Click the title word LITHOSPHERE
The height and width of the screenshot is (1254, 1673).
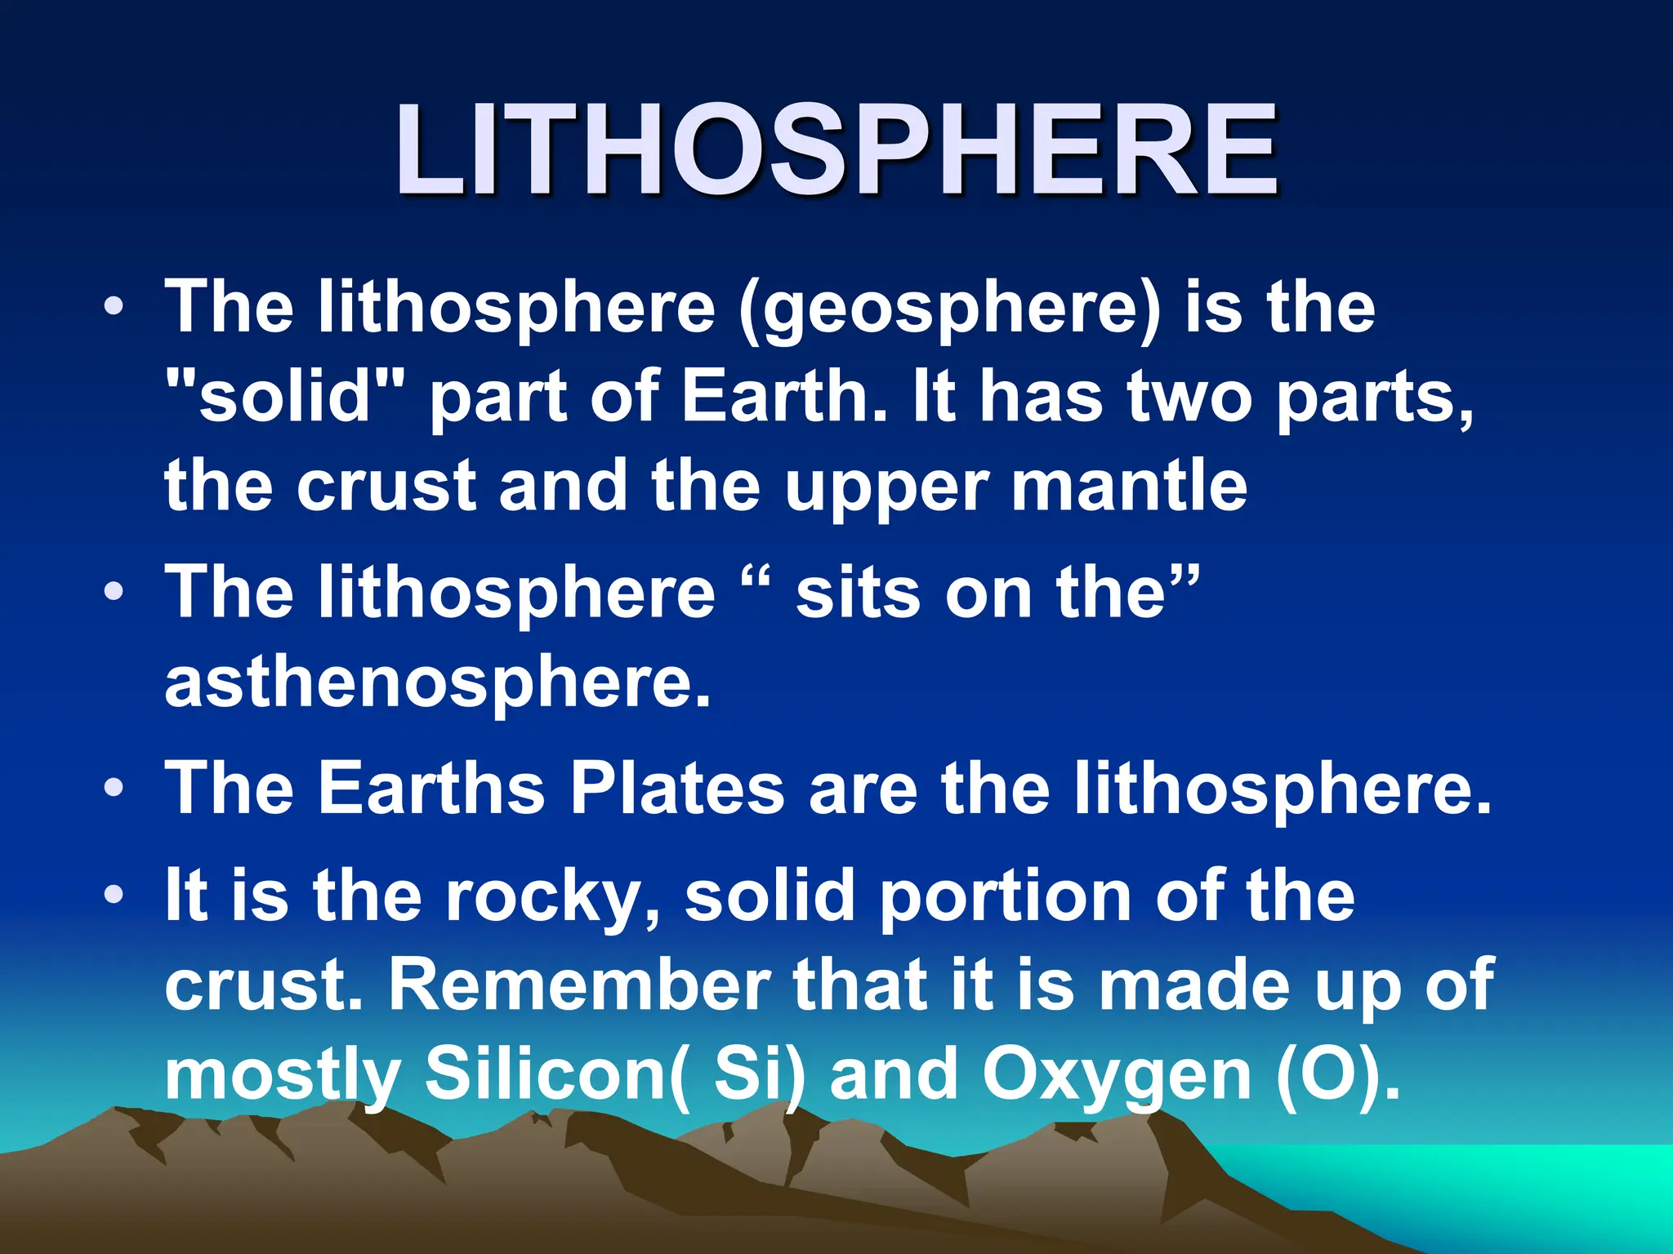point(836,151)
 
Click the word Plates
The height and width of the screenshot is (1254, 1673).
point(677,789)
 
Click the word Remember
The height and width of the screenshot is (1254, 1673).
point(579,985)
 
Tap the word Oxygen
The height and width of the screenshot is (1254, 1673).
point(1117,1076)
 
